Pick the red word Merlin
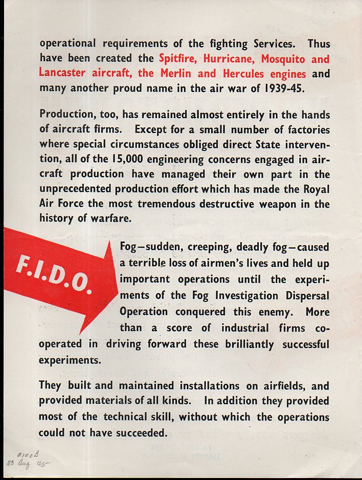point(174,73)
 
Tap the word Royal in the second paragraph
point(315,189)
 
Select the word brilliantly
point(250,344)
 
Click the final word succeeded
point(138,432)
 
